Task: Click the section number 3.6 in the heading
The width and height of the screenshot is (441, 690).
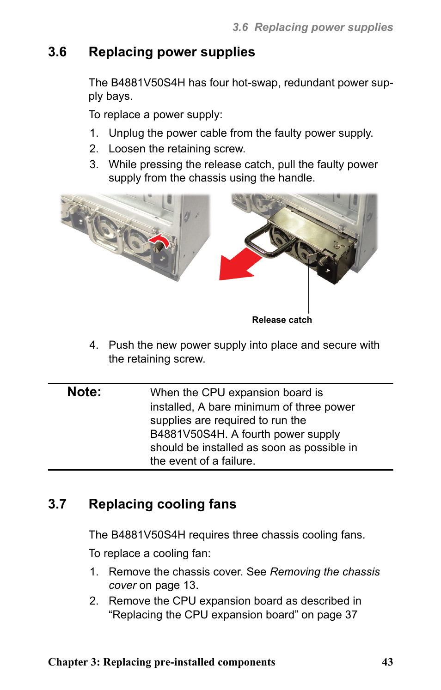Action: (x=57, y=52)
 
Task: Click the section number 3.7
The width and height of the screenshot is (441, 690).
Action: (x=57, y=504)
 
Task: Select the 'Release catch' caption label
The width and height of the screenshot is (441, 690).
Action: (x=282, y=320)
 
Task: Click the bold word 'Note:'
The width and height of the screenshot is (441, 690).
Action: (x=84, y=392)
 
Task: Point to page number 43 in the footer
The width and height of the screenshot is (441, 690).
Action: (x=387, y=662)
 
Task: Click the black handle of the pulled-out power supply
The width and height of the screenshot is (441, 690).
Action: (x=259, y=240)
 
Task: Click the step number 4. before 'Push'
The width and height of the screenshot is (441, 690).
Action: (x=94, y=345)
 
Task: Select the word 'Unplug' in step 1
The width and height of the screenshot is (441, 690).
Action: (x=126, y=133)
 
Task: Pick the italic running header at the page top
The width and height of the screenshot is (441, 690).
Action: (x=312, y=27)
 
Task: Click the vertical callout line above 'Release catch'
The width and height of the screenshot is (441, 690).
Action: (x=309, y=286)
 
